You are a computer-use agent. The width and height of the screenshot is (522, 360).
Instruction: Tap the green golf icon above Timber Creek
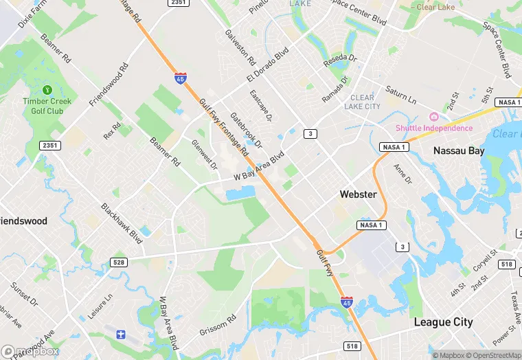(47, 90)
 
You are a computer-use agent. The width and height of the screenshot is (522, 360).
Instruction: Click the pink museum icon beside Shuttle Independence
(433, 116)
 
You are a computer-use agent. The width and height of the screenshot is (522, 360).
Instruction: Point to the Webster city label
(358, 194)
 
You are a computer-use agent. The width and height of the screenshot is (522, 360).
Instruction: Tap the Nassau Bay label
(459, 150)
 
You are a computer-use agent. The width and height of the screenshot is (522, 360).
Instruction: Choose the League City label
(443, 322)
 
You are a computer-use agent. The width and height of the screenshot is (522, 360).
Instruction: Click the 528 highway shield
(119, 262)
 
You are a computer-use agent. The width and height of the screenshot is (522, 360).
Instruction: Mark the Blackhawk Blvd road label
(122, 223)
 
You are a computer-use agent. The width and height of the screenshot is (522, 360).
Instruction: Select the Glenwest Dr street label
(204, 155)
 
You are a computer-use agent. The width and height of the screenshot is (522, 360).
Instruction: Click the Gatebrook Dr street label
(246, 131)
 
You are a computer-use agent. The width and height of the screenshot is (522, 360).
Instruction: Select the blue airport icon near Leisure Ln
(121, 335)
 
